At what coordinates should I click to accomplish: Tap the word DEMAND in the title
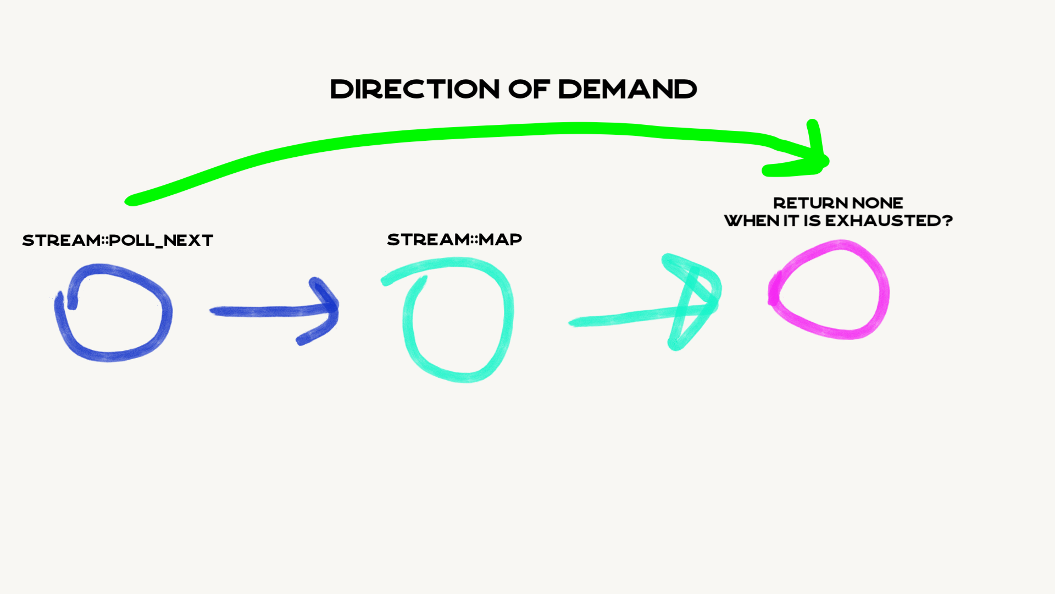click(628, 89)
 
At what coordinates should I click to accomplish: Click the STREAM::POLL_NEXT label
click(118, 240)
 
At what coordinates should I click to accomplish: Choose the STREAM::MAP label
click(454, 240)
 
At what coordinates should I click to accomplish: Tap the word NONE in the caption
click(878, 203)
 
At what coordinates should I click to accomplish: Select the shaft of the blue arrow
click(258, 311)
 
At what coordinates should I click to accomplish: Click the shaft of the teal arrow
click(621, 318)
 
